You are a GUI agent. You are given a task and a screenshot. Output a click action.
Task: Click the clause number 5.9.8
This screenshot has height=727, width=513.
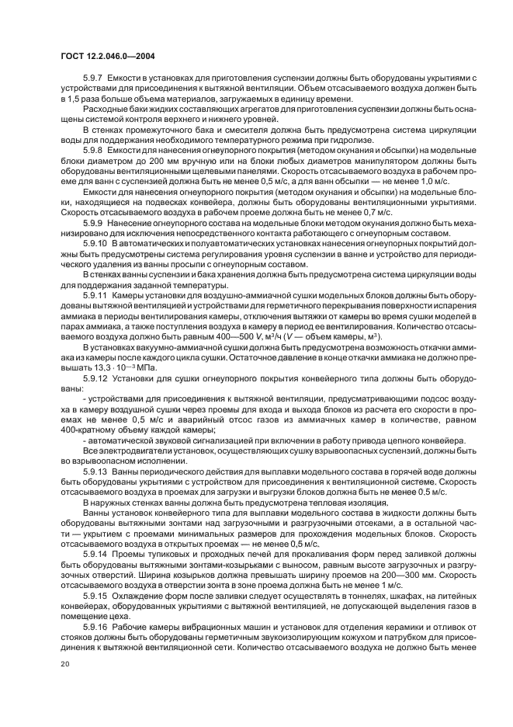click(x=93, y=149)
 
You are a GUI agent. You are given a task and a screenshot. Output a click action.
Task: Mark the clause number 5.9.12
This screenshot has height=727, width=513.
click(x=95, y=378)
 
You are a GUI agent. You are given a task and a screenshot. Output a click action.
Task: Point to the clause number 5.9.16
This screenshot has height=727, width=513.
click(x=95, y=625)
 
